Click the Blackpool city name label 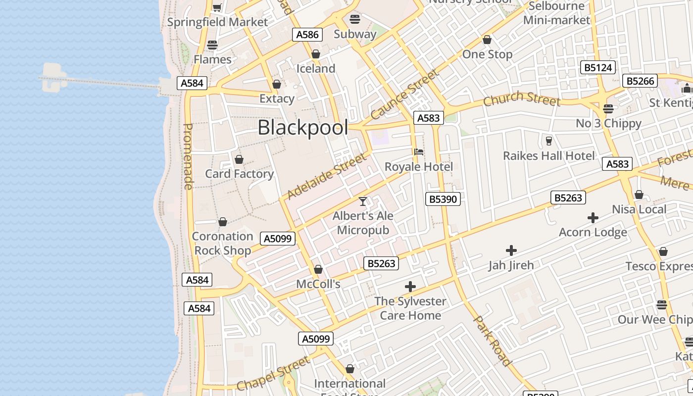pos(302,128)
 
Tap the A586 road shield pos(307,34)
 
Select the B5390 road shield pos(443,199)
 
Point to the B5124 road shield pos(598,67)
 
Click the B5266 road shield pos(641,81)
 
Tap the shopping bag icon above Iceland pos(316,54)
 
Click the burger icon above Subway pos(355,19)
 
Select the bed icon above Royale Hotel pos(419,152)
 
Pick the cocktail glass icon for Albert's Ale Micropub pos(363,201)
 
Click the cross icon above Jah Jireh pos(511,250)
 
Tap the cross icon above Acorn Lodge pos(593,217)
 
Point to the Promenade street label pos(188,156)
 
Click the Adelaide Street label pos(327,176)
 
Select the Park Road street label pos(492,341)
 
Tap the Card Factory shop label pos(239,174)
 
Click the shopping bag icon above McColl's pos(318,269)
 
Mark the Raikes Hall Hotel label pos(549,156)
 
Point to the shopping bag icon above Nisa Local pos(639,195)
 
